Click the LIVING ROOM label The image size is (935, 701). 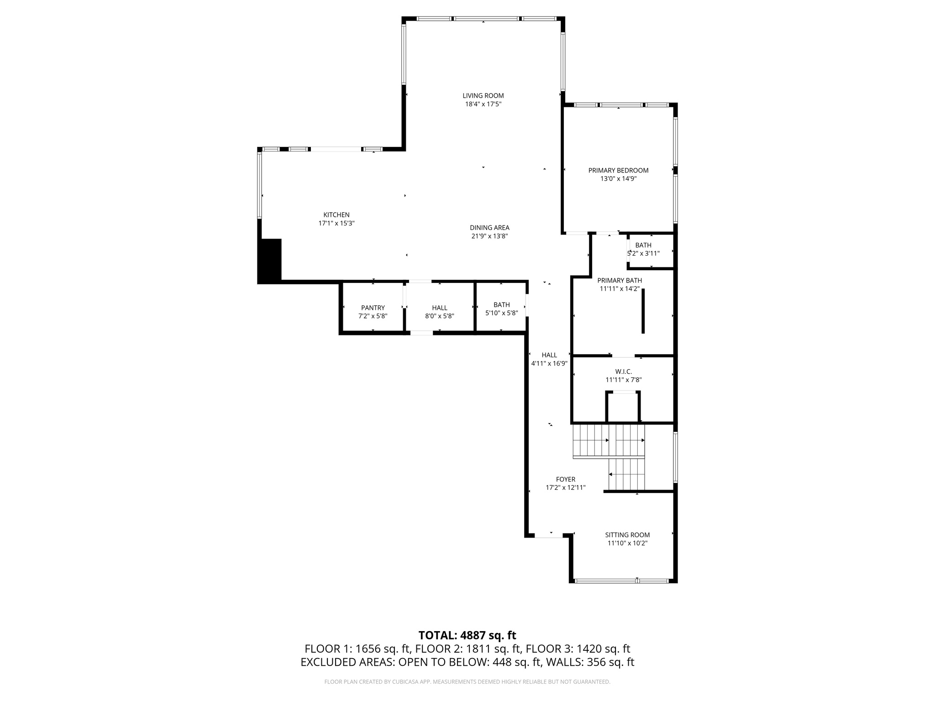coord(483,95)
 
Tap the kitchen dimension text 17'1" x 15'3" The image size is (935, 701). coord(336,224)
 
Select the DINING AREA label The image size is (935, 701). coord(489,228)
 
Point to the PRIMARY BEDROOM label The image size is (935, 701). coord(618,170)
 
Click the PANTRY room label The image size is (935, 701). coord(373,308)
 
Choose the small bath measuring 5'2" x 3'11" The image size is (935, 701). coord(644,250)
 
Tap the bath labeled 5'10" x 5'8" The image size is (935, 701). coord(501,309)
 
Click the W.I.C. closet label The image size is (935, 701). coord(623,372)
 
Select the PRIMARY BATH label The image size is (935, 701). coord(620,281)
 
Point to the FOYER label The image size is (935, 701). coord(565,480)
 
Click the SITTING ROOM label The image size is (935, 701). coord(627,535)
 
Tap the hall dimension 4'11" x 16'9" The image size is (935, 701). coord(549,364)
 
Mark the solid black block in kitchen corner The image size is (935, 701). coord(270,261)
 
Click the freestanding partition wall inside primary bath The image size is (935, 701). coord(643,311)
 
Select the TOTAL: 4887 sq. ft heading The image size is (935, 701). coord(467,635)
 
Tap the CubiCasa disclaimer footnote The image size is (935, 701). coord(467,682)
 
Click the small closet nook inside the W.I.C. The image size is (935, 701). coord(623,408)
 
